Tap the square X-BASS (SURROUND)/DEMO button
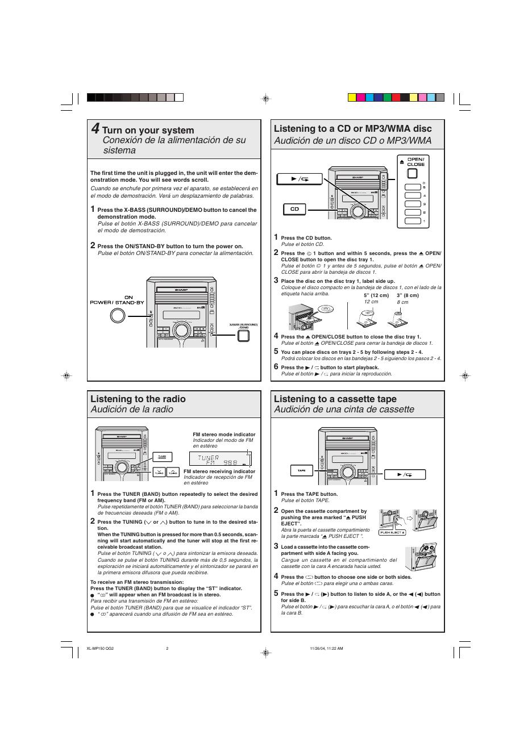243,335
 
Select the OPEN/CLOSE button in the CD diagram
415,174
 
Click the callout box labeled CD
294,209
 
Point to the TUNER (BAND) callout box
162,457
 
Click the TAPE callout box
301,470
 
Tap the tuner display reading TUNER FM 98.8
221,459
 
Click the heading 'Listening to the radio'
138,399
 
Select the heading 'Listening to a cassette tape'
335,399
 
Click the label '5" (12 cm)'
376,295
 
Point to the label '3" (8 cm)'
408,295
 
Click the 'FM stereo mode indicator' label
224,435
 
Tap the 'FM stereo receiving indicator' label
219,471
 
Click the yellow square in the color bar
352,97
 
